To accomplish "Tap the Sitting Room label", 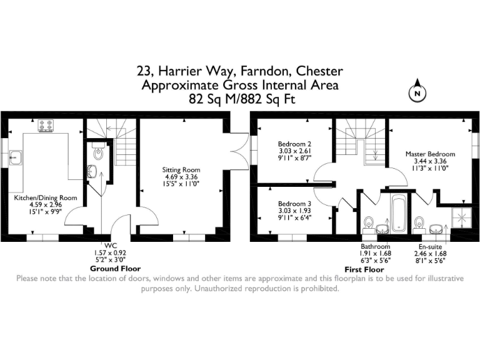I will coord(181,169).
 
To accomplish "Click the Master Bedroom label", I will coord(430,154).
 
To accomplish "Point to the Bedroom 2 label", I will coord(295,144).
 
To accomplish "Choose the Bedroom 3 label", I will coord(295,204).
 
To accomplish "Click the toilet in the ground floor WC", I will coord(97,152).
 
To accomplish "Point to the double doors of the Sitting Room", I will coord(236,153).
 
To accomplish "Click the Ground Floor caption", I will coord(110,267).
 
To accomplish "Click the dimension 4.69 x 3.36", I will coord(181,177).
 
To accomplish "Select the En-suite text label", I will coord(430,246).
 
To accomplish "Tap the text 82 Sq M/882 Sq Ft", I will coord(240,99).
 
